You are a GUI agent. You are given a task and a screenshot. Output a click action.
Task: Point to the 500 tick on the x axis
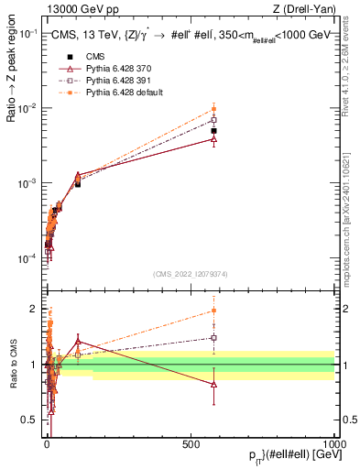[191, 443]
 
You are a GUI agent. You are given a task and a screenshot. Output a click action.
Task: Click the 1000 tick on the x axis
[334, 443]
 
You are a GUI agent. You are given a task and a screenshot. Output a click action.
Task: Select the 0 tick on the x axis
[48, 443]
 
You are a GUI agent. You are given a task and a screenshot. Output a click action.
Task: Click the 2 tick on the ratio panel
[33, 309]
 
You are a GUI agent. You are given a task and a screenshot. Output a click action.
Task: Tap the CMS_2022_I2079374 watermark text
[189, 272]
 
